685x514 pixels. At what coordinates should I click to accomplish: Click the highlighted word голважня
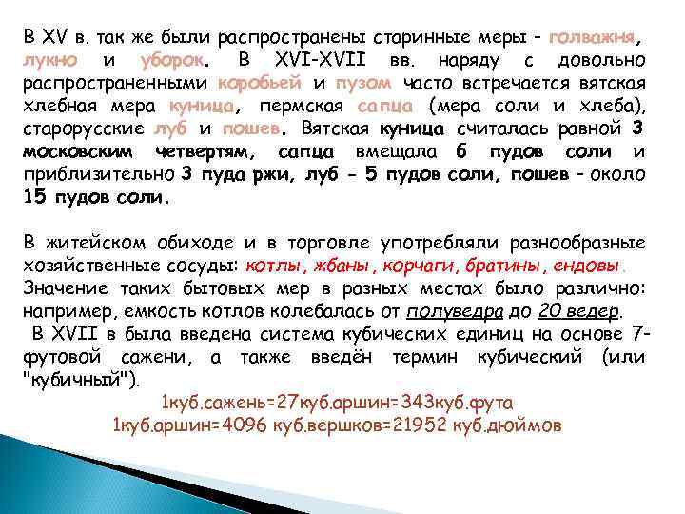[x=587, y=39]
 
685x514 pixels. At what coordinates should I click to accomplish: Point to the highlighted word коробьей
[x=259, y=84]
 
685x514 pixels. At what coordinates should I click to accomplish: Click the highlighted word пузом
[x=362, y=84]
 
